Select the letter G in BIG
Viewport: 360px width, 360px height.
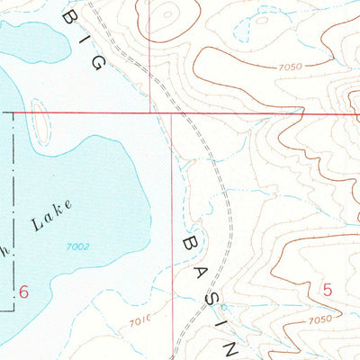pyautogui.click(x=99, y=60)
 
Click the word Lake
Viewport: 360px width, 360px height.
pyautogui.click(x=52, y=217)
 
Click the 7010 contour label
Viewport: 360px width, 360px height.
pyautogui.click(x=140, y=321)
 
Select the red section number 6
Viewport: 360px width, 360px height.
pyautogui.click(x=24, y=291)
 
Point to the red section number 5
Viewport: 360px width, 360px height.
pyautogui.click(x=328, y=289)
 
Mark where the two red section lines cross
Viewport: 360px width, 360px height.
pyautogui.click(x=173, y=113)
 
